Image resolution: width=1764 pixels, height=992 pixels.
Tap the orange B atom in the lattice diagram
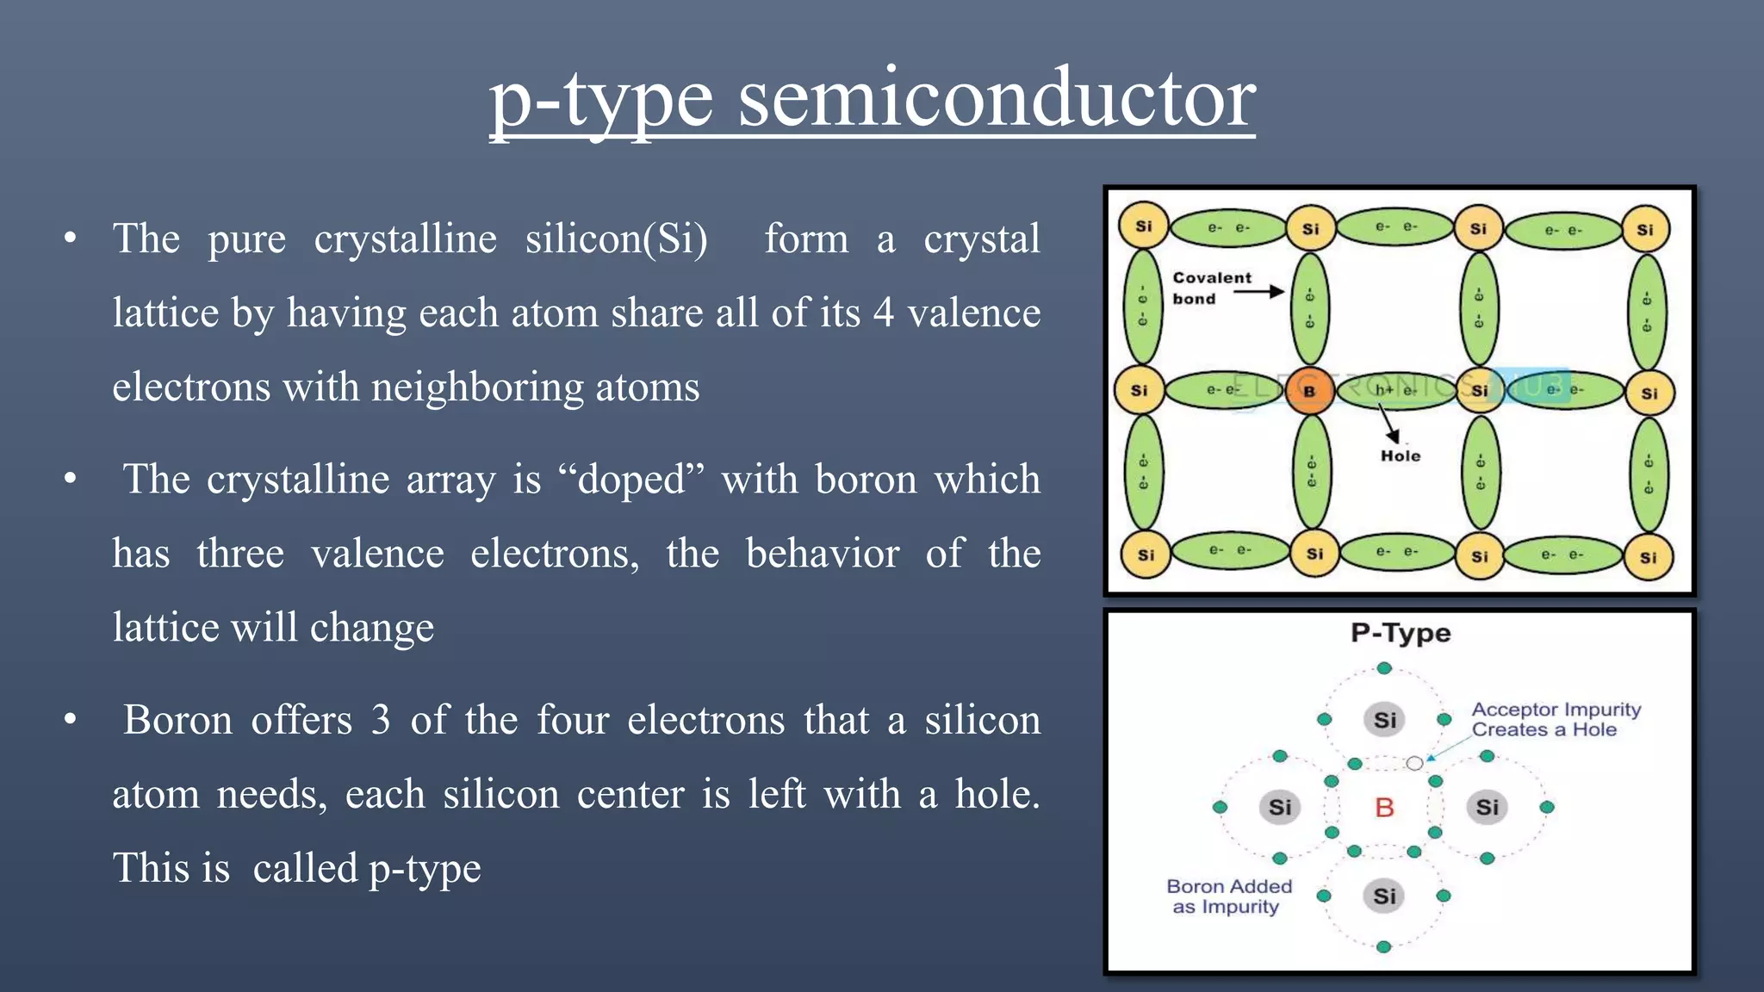click(x=1309, y=391)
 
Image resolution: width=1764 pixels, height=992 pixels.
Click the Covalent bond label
click(x=1211, y=288)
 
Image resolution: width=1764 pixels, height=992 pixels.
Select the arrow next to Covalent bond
click(x=1258, y=292)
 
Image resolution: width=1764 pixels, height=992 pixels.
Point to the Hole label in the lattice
click(x=1401, y=456)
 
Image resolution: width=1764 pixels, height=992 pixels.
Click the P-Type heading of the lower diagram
click(x=1401, y=633)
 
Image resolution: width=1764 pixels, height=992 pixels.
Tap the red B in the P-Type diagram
click(x=1384, y=808)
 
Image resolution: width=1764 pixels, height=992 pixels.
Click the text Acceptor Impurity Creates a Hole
click(x=1556, y=719)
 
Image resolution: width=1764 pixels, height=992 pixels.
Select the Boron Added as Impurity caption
click(x=1228, y=896)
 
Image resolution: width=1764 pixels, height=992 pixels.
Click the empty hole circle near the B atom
click(x=1414, y=763)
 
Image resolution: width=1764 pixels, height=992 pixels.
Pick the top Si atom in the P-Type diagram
click(x=1384, y=719)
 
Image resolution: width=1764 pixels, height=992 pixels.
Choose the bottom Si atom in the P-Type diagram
click(x=1384, y=896)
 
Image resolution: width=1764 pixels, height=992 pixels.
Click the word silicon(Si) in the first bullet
click(x=617, y=239)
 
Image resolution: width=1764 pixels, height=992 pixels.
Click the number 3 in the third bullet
click(x=381, y=720)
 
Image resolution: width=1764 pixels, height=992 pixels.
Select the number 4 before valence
click(x=883, y=313)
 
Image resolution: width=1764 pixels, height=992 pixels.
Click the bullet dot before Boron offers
click(x=71, y=718)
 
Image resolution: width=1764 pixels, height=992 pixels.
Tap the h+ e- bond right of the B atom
click(x=1395, y=390)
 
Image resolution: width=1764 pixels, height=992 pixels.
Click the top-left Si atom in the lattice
click(x=1143, y=226)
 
